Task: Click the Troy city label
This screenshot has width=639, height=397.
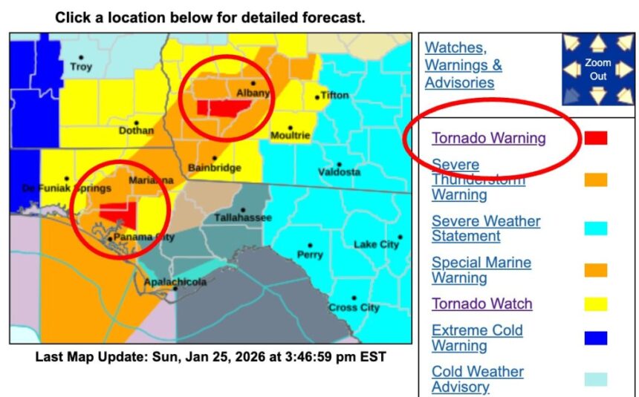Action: click(81, 67)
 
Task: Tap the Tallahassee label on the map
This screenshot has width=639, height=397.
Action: click(243, 217)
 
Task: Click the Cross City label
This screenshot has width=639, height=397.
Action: click(354, 307)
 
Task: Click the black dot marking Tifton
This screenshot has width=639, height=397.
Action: click(317, 96)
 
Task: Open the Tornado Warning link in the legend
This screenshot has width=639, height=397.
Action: click(488, 138)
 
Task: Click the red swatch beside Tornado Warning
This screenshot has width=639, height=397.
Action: click(595, 138)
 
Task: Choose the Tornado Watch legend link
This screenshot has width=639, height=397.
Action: click(481, 304)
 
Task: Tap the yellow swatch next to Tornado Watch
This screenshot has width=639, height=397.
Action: click(595, 304)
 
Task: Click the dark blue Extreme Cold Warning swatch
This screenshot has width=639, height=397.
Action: click(595, 338)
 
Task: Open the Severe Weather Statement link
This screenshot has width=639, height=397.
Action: click(485, 229)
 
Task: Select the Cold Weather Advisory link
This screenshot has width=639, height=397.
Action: click(477, 378)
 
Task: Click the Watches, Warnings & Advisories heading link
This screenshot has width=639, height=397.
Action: click(463, 65)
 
